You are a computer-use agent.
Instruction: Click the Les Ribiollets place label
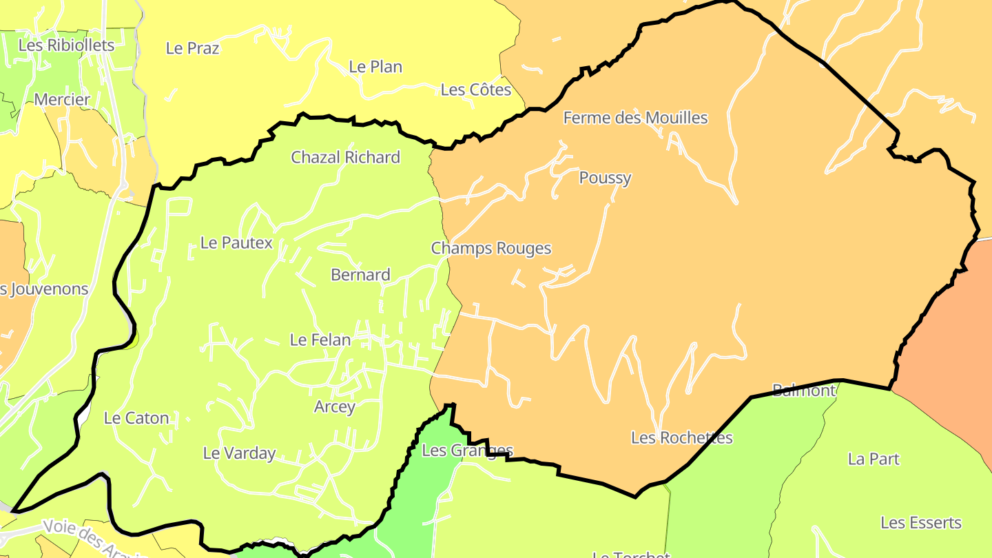coord(66,45)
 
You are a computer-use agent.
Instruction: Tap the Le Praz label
coord(193,48)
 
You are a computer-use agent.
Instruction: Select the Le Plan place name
coord(375,67)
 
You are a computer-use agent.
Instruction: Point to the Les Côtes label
coord(476,90)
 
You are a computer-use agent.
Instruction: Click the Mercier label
coord(62,100)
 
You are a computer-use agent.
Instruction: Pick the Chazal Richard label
coord(345,157)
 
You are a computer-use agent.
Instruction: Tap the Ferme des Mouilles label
coord(635,118)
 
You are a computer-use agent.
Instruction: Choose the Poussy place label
coord(605,178)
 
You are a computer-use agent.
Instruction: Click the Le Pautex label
coord(236,242)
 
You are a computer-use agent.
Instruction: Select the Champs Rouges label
coord(491,248)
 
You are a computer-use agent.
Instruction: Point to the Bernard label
coord(360,275)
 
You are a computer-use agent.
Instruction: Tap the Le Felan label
coord(320,340)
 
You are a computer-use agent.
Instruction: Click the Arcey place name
coord(335,406)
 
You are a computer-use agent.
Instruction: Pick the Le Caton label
coord(136,418)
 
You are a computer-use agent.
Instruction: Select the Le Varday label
coord(239,453)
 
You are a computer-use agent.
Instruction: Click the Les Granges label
coord(467,451)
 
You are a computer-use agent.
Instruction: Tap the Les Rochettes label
coord(682,437)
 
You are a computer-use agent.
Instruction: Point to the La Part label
coord(874,459)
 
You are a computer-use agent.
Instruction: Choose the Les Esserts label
coord(920,523)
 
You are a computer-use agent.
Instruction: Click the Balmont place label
coord(803,391)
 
